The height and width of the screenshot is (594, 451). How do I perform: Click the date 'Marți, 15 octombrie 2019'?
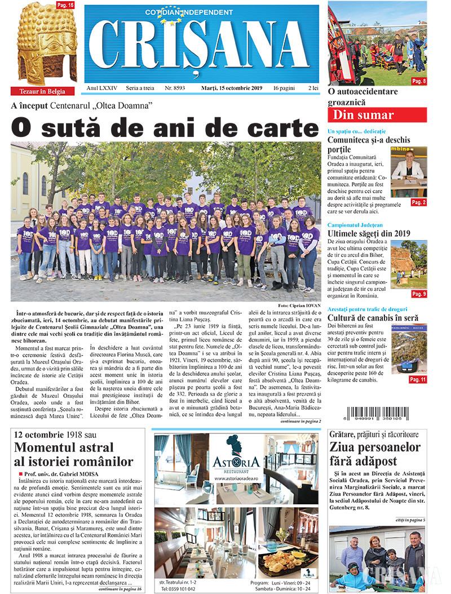[x=232, y=88]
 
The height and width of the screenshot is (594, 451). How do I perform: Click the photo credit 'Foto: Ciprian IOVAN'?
[x=299, y=305]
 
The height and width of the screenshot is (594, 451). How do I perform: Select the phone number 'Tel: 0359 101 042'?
[x=178, y=588]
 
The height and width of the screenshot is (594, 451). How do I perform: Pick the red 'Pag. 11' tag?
[x=418, y=380]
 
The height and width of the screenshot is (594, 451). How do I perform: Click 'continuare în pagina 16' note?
[x=120, y=588]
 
